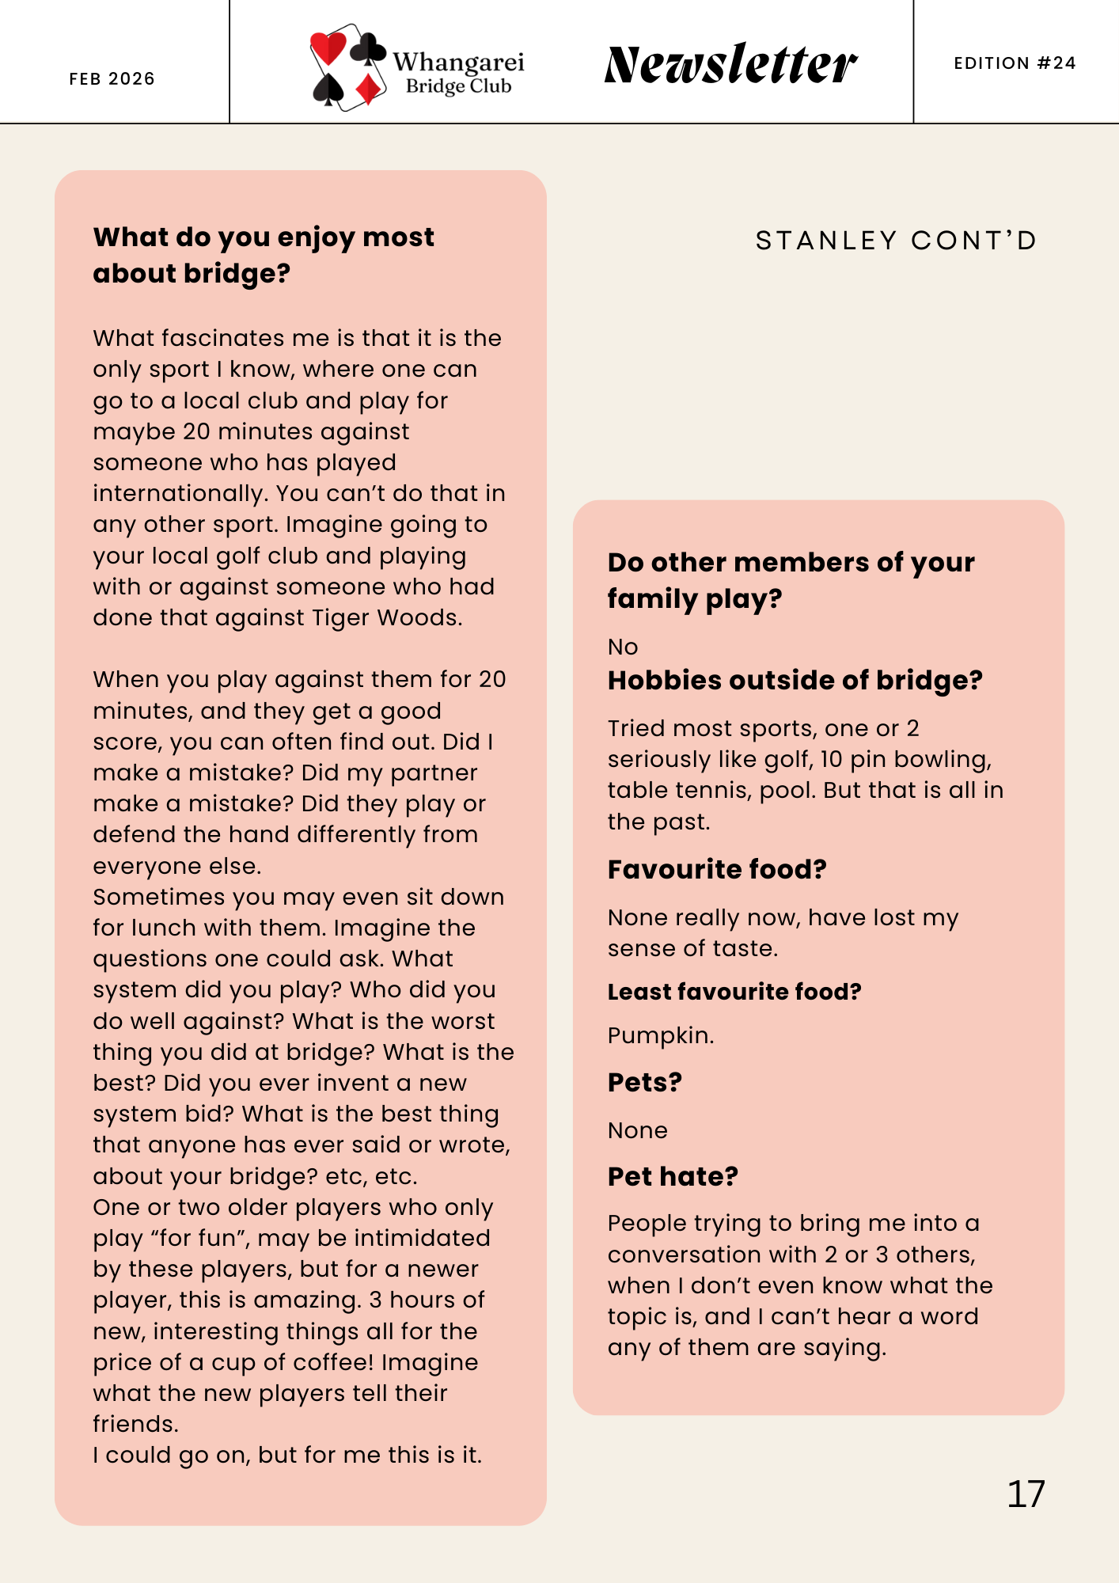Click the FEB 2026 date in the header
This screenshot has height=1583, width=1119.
[x=112, y=78]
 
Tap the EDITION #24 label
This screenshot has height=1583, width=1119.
[x=1015, y=63]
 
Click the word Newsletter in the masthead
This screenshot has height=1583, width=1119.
[x=730, y=64]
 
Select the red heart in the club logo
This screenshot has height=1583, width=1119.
[x=328, y=47]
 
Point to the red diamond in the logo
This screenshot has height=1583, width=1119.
[x=369, y=89]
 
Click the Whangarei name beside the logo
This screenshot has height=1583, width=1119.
[x=458, y=62]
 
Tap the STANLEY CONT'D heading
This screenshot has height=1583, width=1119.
[x=896, y=241]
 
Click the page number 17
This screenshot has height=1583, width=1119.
[x=1026, y=1494]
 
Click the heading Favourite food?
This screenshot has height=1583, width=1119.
[x=717, y=869]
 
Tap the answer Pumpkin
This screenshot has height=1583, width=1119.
[x=660, y=1035]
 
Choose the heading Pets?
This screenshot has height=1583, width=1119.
[x=644, y=1082]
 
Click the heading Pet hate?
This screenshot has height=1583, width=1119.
[x=673, y=1176]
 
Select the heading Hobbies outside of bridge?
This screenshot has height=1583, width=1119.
[x=795, y=680]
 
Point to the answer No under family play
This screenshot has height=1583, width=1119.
[x=623, y=647]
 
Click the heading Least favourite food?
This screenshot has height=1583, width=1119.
[x=734, y=992]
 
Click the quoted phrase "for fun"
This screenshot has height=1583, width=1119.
[x=197, y=1238]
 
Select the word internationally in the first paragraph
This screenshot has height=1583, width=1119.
[x=180, y=493]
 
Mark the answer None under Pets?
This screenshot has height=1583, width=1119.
[x=637, y=1130]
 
